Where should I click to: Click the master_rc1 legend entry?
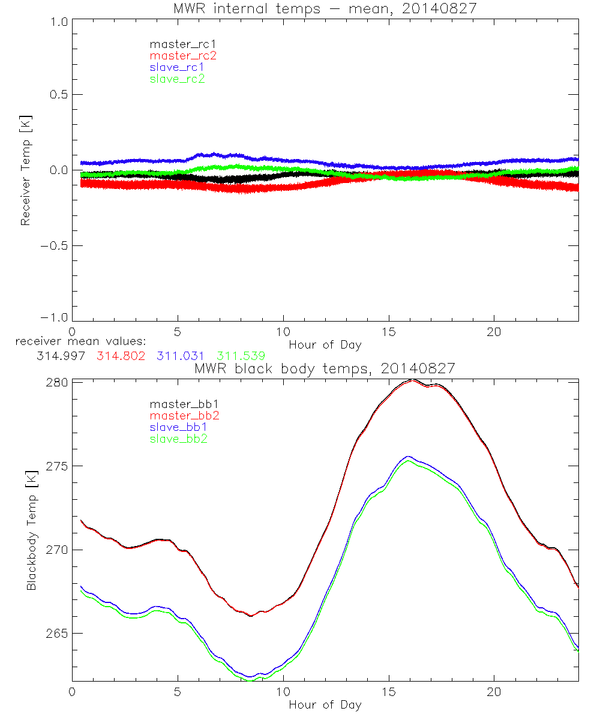(x=178, y=44)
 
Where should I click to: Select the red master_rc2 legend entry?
(x=178, y=56)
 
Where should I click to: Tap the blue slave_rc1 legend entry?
(x=177, y=67)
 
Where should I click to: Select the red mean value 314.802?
(x=120, y=356)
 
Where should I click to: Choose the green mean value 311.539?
(x=241, y=356)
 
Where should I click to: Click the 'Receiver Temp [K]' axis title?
(x=25, y=170)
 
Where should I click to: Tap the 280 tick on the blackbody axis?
(x=58, y=383)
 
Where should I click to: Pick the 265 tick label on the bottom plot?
(x=58, y=634)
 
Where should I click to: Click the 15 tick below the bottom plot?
(x=389, y=693)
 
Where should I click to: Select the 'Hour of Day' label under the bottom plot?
(x=325, y=705)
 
